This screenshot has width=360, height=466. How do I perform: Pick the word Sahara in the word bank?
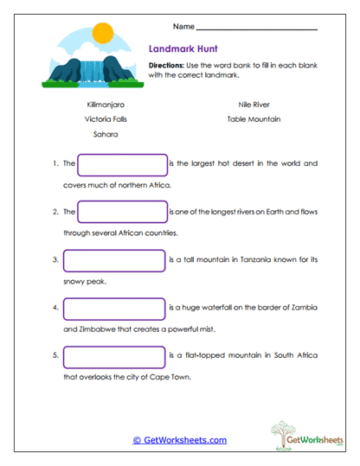pyautogui.click(x=106, y=135)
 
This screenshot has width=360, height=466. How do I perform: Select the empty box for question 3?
pyautogui.click(x=113, y=259)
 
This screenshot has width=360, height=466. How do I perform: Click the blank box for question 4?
pyautogui.click(x=113, y=307)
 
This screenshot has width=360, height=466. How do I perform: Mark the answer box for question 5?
pyautogui.click(x=113, y=355)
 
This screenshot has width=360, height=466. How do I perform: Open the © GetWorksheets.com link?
pyautogui.click(x=180, y=440)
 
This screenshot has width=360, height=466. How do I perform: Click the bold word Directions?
pyautogui.click(x=166, y=66)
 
